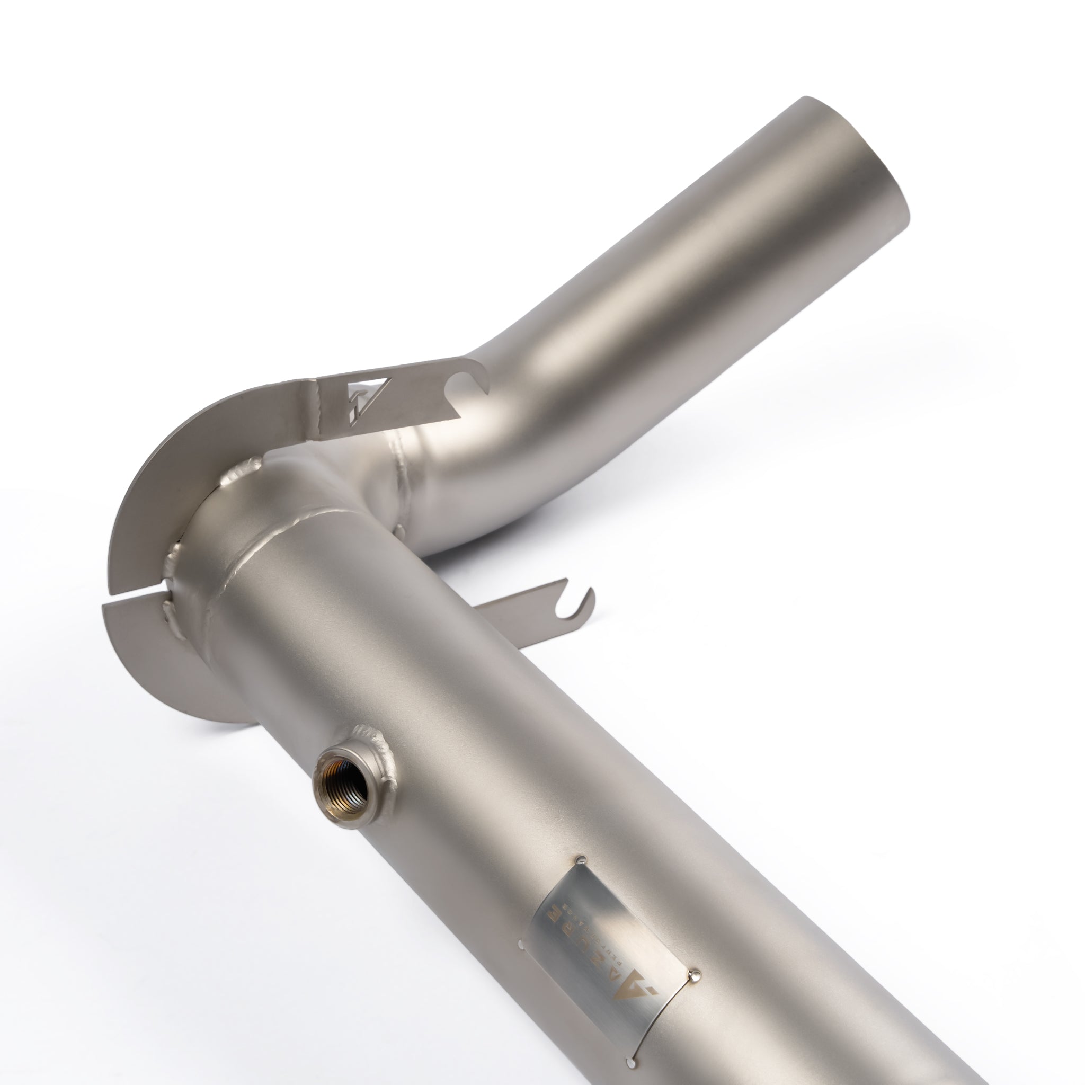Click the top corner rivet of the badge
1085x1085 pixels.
[x=581, y=859]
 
